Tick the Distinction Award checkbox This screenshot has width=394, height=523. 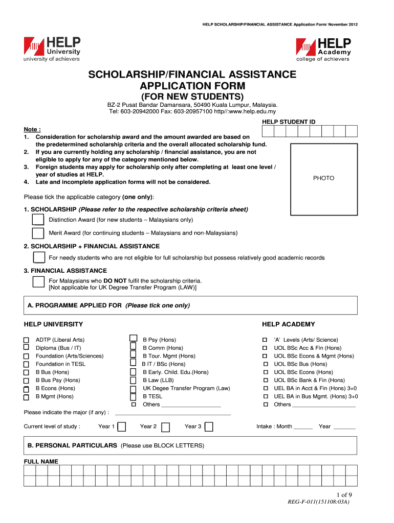pos(38,220)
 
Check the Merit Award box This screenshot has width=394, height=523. pos(38,233)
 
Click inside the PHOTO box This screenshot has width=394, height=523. pos(323,178)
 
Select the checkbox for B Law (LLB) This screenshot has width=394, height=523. pos(134,381)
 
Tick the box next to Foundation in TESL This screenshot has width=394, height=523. pos(26,364)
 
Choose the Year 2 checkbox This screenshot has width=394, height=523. pos(165,427)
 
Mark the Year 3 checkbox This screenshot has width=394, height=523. pos(209,427)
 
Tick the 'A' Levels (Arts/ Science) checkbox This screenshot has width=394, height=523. pos(265,340)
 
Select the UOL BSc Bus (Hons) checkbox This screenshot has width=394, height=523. pos(265,364)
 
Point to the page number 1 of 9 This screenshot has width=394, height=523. pos(344,494)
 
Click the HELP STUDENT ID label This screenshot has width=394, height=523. pos(289,122)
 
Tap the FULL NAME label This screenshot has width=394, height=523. pos(41,462)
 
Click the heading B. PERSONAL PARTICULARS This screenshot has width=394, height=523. pos(72,446)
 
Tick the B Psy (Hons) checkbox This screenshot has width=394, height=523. pos(134,338)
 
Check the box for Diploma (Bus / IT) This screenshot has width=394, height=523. pos(26,348)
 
